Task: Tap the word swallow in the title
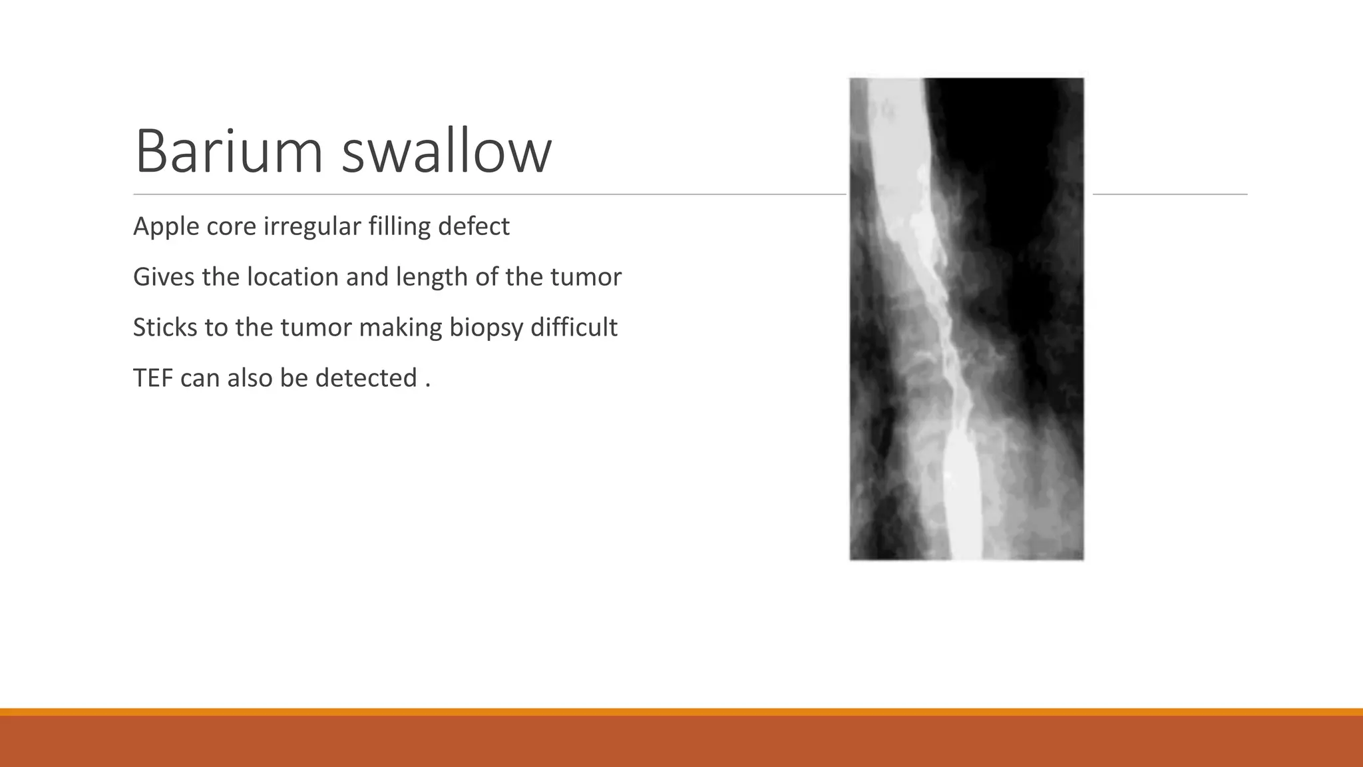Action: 447,152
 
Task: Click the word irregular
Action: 312,227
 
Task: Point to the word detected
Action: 366,378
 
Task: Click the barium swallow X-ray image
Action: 966,319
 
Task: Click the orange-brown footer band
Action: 681,740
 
